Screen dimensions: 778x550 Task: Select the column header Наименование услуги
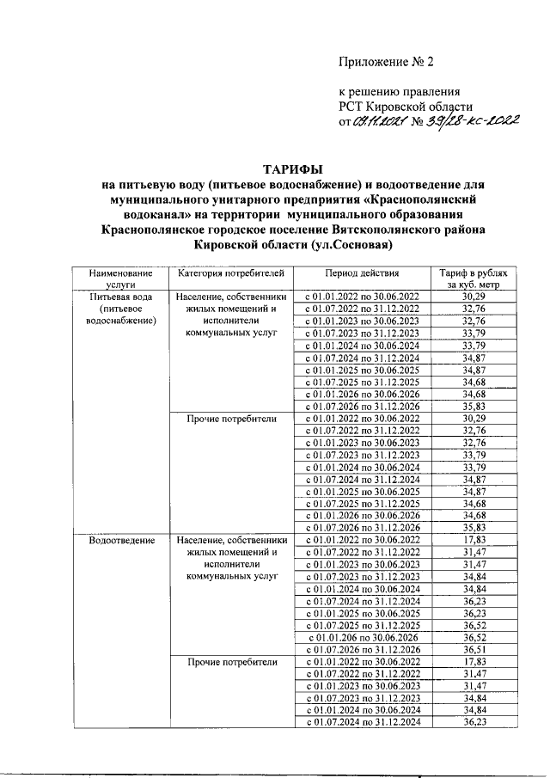(x=116, y=279)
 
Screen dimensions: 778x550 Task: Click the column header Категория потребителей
(x=229, y=273)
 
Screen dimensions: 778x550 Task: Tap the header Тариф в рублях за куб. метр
(x=471, y=279)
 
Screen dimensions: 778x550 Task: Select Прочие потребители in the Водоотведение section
(x=229, y=662)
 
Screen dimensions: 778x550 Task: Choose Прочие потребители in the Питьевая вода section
(x=229, y=419)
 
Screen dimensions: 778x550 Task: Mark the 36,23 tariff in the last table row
(x=471, y=722)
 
